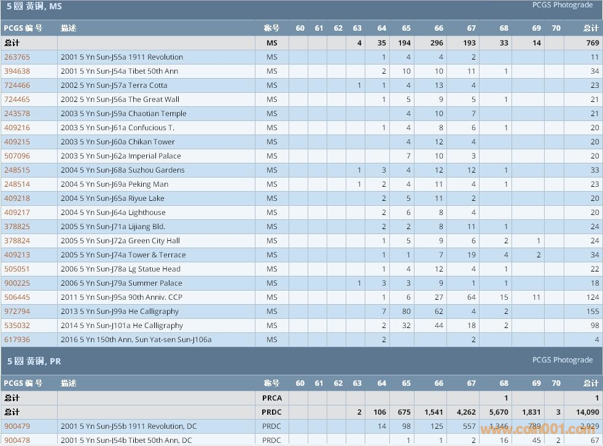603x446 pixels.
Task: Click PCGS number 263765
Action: [17, 57]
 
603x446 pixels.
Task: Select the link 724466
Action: [17, 85]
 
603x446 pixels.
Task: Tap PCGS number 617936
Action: [17, 340]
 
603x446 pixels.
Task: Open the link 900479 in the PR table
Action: [17, 426]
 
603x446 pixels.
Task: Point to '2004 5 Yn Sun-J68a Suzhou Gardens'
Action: [122, 170]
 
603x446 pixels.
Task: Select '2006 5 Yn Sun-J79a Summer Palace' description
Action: [121, 283]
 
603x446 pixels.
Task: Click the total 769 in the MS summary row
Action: [592, 43]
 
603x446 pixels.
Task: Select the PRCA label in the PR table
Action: [272, 398]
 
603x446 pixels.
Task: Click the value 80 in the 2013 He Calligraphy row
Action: [406, 311]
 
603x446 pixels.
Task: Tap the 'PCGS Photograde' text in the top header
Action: [562, 5]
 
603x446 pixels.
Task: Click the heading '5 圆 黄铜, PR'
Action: [34, 361]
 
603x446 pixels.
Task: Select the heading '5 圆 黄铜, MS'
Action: [34, 7]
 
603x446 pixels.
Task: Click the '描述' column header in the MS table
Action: [69, 28]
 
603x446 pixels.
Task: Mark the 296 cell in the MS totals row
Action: [437, 43]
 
